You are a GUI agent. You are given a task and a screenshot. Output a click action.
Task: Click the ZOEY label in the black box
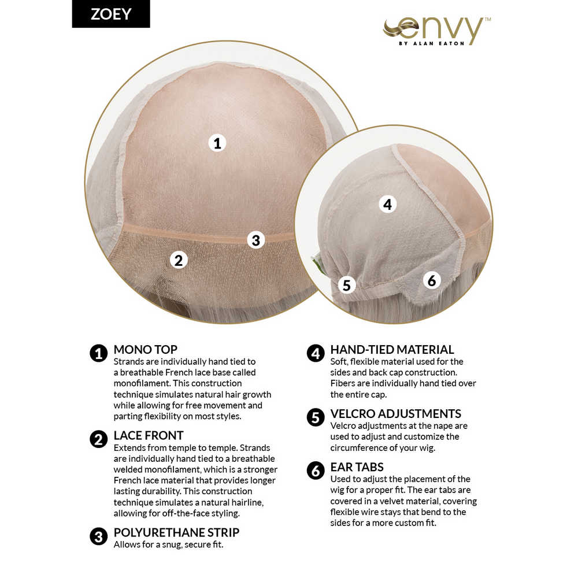[x=111, y=14]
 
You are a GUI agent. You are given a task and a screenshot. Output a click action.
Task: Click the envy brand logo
[x=437, y=31]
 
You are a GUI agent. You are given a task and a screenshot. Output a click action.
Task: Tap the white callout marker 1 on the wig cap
[x=217, y=143]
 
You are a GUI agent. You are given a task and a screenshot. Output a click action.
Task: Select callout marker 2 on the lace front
[x=179, y=260]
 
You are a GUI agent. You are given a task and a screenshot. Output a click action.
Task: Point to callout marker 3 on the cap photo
[x=256, y=240]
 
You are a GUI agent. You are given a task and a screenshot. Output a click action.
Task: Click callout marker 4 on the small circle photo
[x=387, y=204]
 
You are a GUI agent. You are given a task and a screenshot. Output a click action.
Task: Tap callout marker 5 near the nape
[x=347, y=285]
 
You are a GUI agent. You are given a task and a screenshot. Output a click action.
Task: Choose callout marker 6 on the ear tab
[x=432, y=280]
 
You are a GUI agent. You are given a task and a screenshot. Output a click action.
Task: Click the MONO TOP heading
[x=145, y=350]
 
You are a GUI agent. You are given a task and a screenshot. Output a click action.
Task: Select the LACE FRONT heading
[x=148, y=435]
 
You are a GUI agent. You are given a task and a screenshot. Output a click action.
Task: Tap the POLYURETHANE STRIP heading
[x=176, y=532]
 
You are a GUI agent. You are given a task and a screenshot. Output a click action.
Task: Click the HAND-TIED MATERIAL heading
[x=392, y=350]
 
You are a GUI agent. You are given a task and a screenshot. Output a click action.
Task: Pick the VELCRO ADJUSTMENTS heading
[x=395, y=414]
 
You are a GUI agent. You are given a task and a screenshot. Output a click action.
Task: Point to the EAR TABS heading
[x=357, y=467]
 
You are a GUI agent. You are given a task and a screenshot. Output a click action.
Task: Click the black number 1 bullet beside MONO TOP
[x=98, y=354]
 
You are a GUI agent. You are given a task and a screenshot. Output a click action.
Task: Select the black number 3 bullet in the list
[x=98, y=536]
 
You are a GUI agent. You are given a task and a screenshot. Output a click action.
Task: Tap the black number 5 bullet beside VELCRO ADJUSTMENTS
[x=316, y=418]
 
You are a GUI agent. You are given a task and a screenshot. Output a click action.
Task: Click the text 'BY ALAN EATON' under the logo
[x=432, y=43]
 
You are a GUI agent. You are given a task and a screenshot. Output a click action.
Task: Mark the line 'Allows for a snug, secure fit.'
[x=168, y=544]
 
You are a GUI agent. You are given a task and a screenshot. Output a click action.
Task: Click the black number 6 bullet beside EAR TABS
[x=316, y=470]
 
